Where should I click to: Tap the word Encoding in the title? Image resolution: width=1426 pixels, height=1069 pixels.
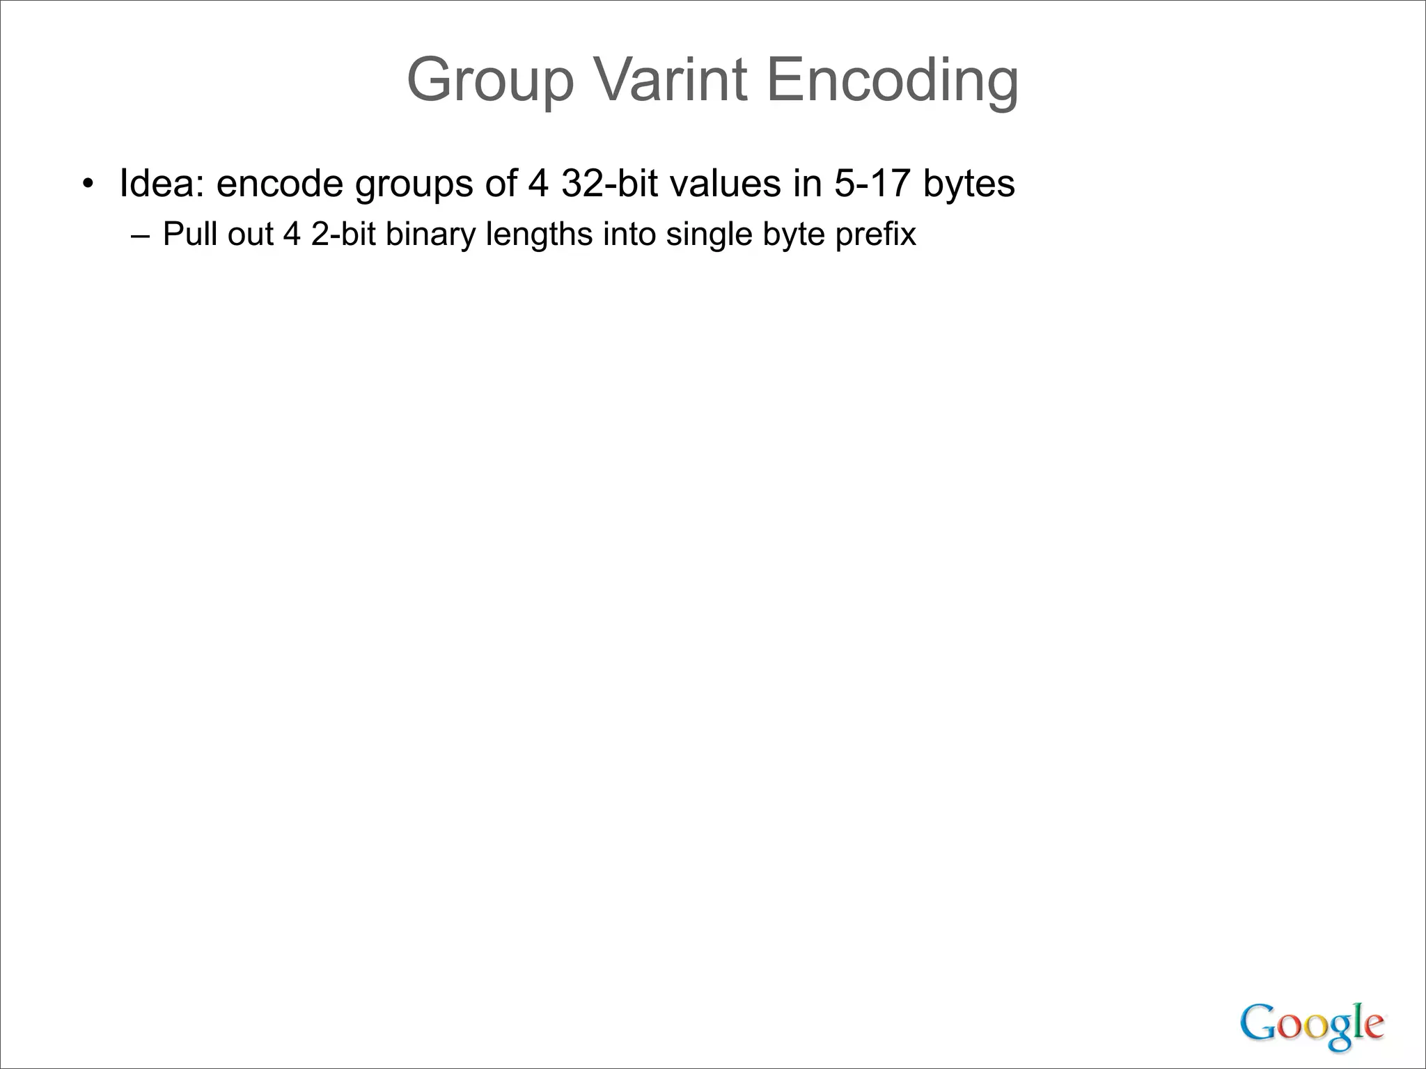tap(892, 81)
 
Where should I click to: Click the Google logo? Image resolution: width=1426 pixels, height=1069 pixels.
tap(1312, 1025)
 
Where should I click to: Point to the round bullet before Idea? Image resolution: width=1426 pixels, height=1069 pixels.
tap(87, 184)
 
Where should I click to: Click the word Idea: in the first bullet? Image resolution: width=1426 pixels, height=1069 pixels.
tap(162, 183)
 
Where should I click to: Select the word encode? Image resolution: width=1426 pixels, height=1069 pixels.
tap(280, 184)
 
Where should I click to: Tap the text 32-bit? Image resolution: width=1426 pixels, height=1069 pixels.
tap(609, 183)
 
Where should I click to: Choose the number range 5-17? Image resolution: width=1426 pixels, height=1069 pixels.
tap(872, 183)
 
